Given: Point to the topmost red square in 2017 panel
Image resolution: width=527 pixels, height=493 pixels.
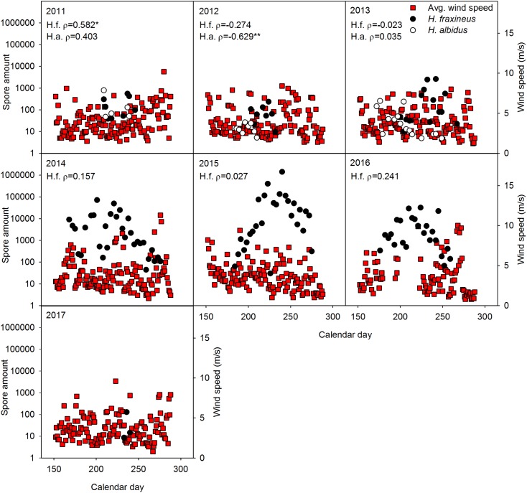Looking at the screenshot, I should coord(116,381).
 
